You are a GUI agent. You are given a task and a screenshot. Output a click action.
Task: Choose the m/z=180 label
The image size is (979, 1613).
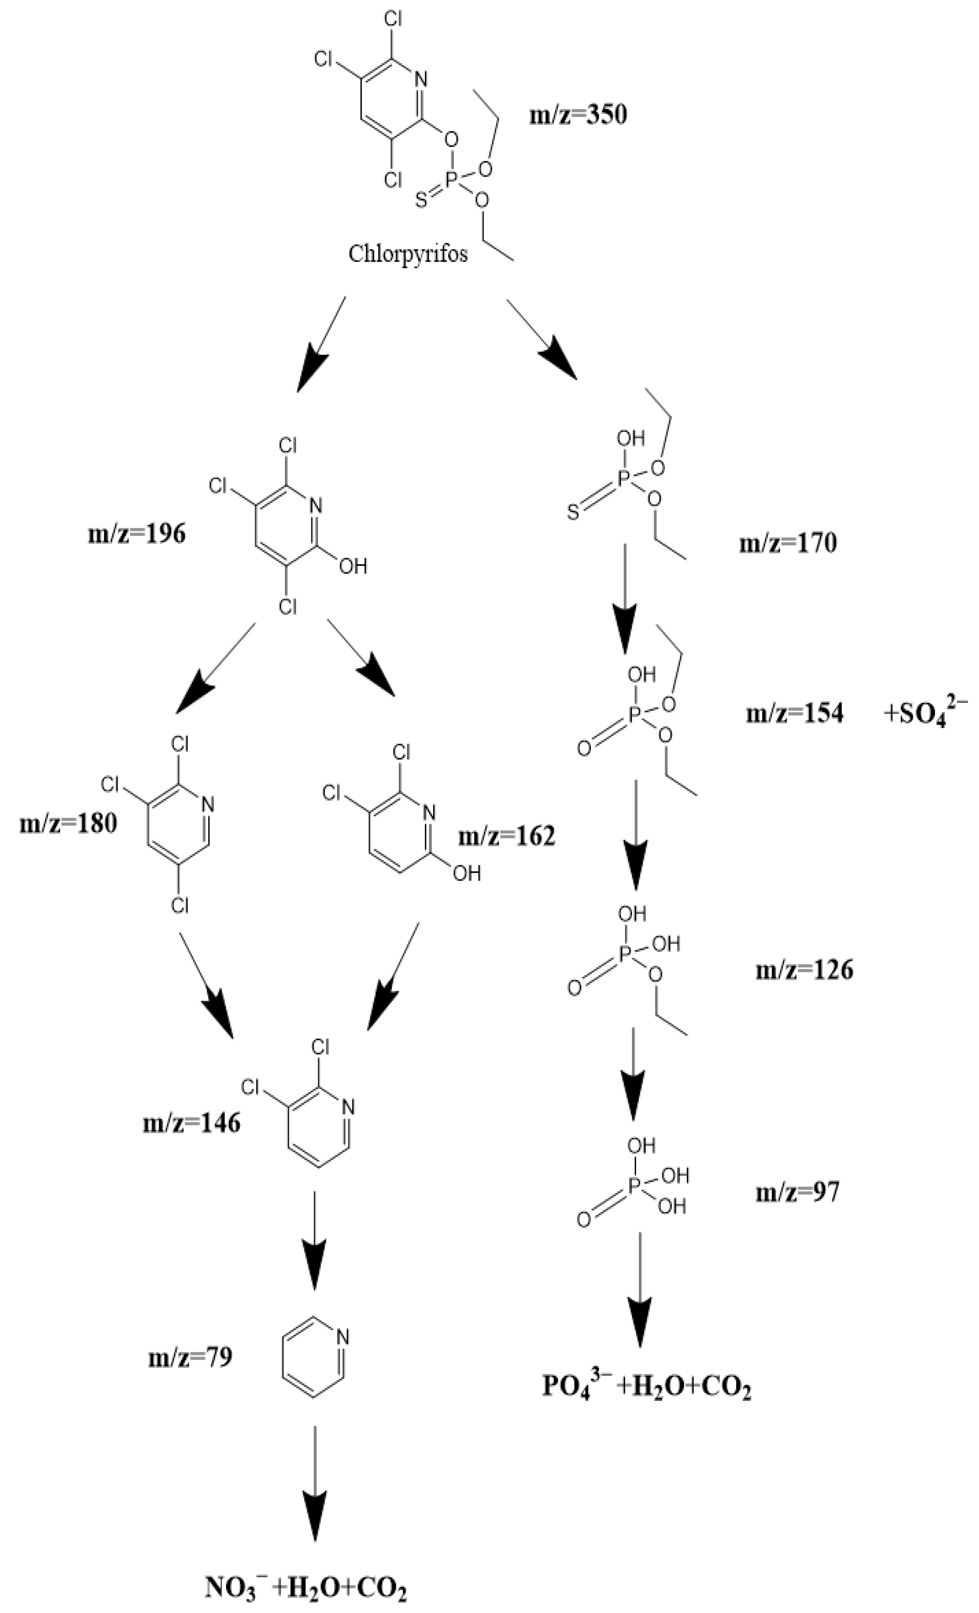pos(68,823)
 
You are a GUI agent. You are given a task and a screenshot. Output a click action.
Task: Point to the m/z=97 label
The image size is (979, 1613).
pos(797,1192)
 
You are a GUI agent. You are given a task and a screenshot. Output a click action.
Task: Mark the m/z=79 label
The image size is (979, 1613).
pos(190,1357)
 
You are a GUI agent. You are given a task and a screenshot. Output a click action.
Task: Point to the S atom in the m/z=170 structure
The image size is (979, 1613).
pos(573,513)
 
